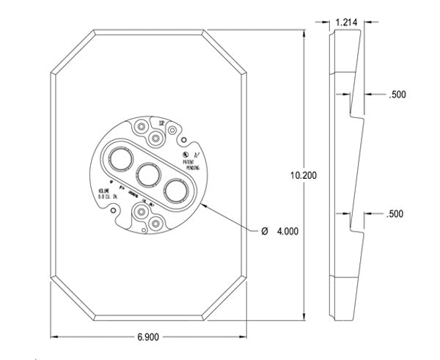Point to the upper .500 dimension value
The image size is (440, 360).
click(x=397, y=95)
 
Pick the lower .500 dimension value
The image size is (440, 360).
click(x=397, y=214)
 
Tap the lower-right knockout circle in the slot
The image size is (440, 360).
click(x=177, y=191)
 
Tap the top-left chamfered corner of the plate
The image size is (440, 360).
click(x=73, y=51)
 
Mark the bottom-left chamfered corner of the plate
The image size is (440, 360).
click(x=73, y=298)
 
